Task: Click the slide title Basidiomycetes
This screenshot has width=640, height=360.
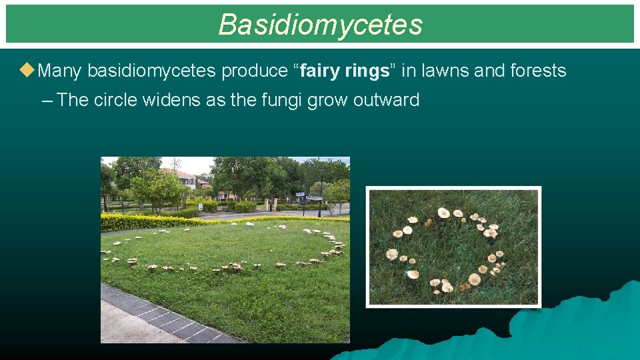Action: pyautogui.click(x=320, y=25)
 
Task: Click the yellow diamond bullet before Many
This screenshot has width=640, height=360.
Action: pyautogui.click(x=27, y=70)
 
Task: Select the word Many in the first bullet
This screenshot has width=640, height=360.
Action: pyautogui.click(x=61, y=71)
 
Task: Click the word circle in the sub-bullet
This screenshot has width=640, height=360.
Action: pyautogui.click(x=117, y=100)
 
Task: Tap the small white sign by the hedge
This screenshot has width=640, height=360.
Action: pyautogui.click(x=200, y=207)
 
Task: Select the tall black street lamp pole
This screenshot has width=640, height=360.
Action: pyautogui.click(x=321, y=193)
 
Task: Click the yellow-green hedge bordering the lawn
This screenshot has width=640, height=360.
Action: pyautogui.click(x=153, y=221)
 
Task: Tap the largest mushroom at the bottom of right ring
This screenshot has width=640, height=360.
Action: pyautogui.click(x=474, y=279)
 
